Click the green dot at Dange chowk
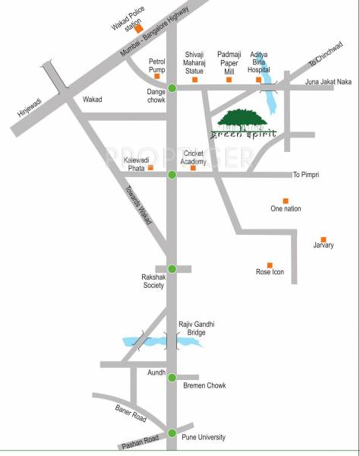172,89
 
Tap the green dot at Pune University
172,434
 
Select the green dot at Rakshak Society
172,268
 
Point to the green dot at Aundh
172,377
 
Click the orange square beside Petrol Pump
157,76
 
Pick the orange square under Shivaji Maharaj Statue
194,79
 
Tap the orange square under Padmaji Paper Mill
226,79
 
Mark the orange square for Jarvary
324,239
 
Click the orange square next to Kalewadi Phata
150,167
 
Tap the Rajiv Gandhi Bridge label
192,328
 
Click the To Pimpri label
308,175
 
